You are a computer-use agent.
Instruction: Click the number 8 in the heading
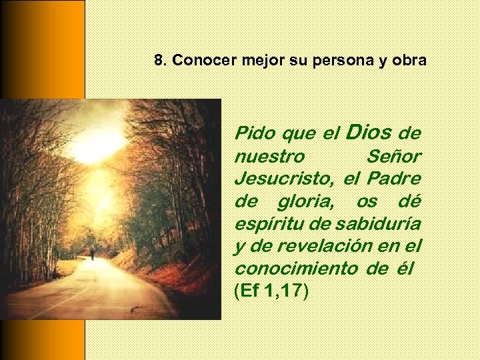[x=158, y=61]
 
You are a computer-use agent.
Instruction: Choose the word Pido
[x=256, y=133]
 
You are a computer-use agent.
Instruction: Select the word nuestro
[x=269, y=157]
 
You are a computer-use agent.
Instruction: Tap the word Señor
[x=394, y=157]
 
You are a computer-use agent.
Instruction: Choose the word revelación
[x=328, y=245]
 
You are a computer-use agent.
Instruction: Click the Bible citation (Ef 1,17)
[x=271, y=291]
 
